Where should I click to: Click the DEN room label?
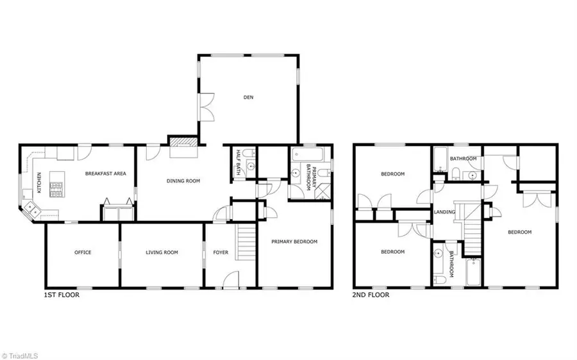249,97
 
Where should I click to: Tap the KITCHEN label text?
39,183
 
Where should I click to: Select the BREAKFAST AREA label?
106,174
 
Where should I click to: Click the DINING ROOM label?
183,181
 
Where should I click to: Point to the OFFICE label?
83,252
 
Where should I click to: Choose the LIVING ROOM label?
162,252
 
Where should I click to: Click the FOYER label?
221,252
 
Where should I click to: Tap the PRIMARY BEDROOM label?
294,241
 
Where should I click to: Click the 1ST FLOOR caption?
61,295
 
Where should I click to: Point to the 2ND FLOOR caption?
371,295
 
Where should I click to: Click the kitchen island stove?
57,189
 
